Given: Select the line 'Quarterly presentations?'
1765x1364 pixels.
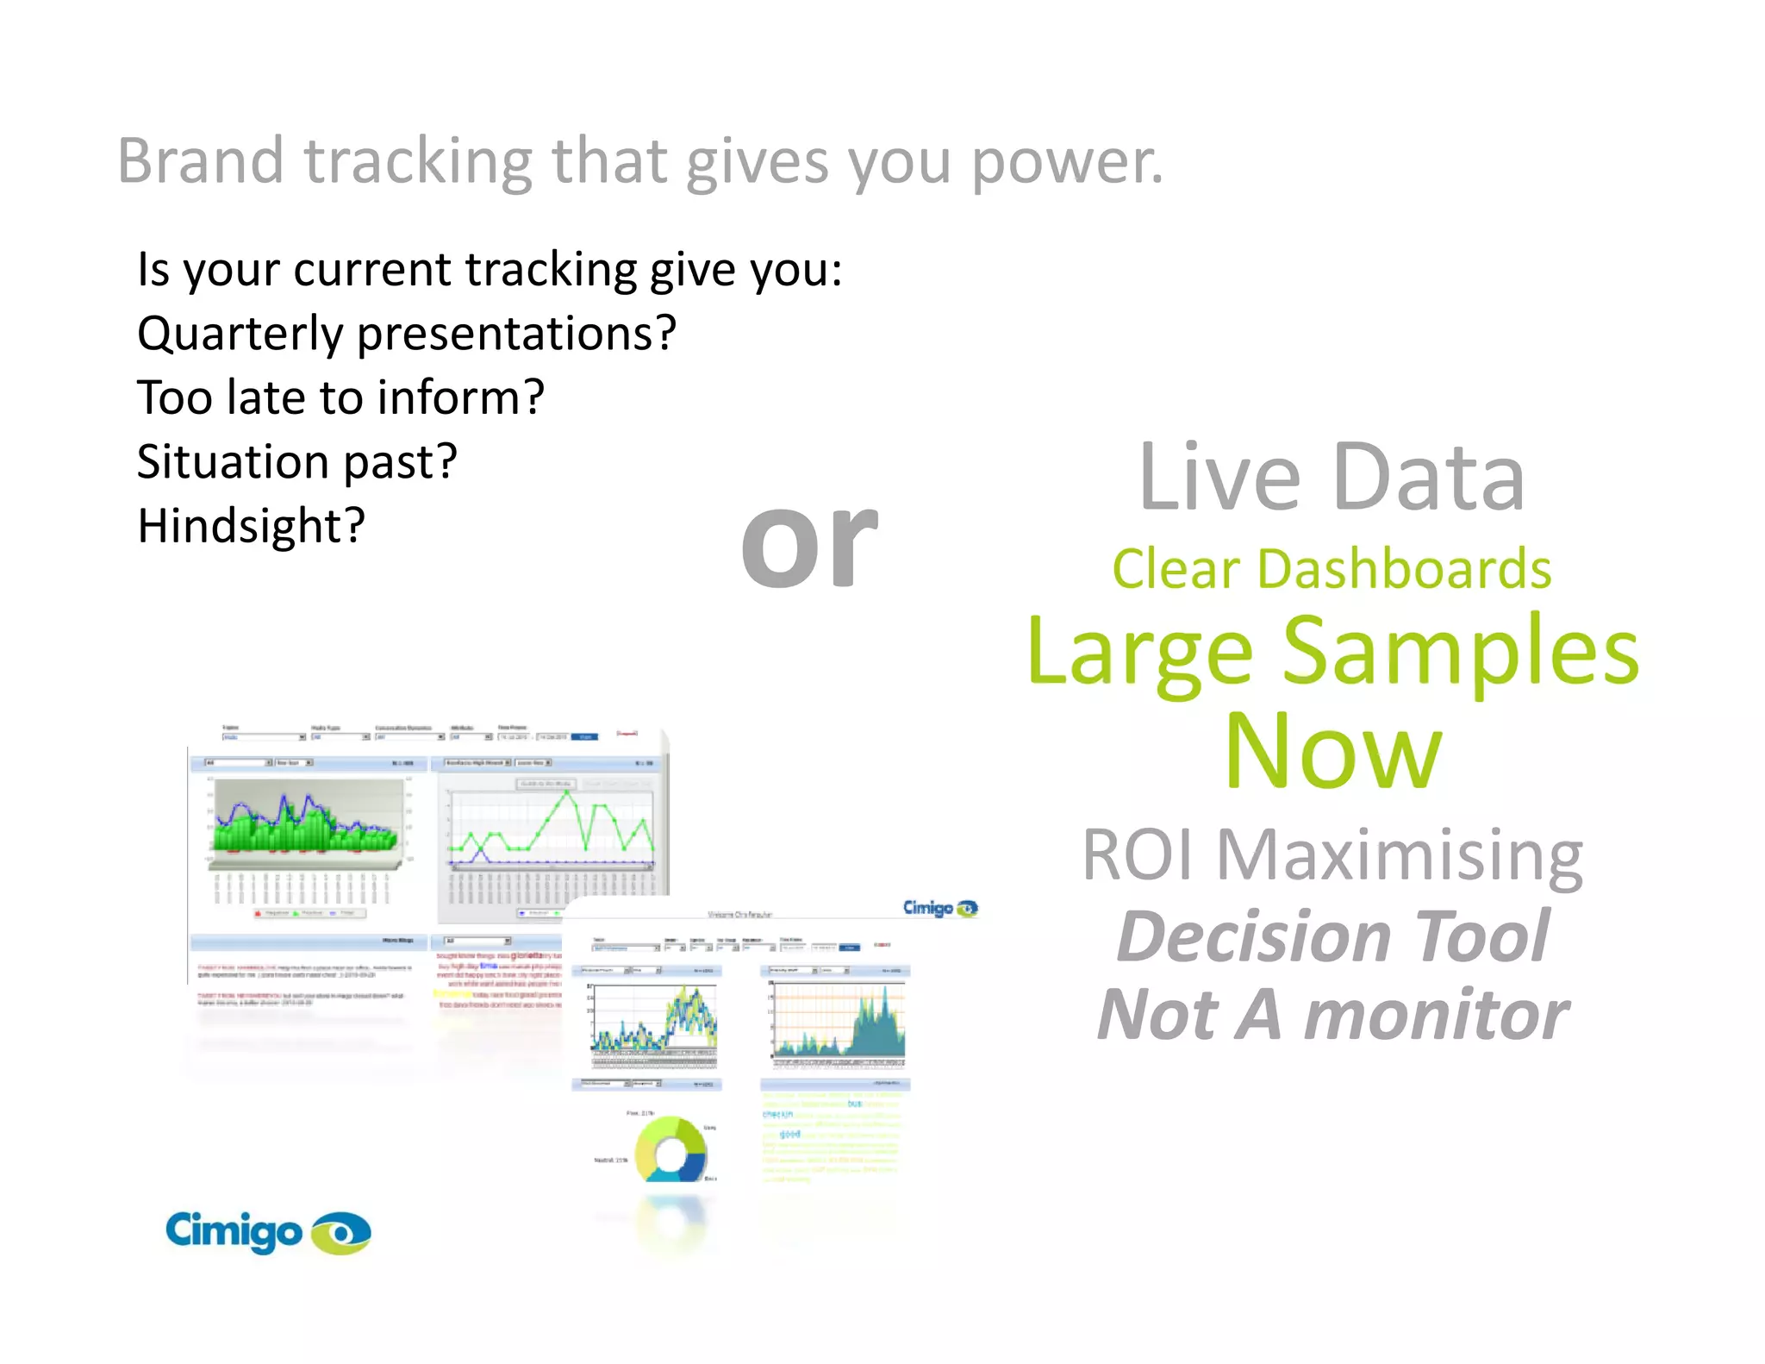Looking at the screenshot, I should pos(407,334).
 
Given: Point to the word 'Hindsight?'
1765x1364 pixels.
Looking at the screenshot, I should pos(252,526).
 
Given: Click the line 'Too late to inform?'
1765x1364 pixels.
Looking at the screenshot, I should pos(340,397).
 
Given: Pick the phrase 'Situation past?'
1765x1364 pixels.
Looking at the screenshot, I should pos(296,462).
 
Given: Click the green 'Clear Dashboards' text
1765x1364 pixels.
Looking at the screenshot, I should pos(1332,570).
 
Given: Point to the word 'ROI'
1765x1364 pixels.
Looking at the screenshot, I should pos(1138,855).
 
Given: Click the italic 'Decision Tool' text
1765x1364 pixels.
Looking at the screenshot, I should pos(1332,936).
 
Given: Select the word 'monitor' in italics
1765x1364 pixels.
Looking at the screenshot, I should pos(1436,1015).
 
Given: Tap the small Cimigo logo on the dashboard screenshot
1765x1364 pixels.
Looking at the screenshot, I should pos(939,908).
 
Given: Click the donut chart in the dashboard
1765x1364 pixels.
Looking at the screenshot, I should pos(671,1149).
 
